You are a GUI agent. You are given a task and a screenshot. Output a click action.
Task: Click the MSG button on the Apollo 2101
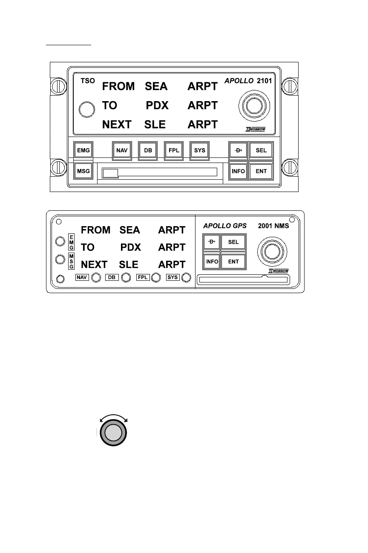coord(83,171)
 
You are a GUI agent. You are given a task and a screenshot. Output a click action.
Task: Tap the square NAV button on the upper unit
coord(122,151)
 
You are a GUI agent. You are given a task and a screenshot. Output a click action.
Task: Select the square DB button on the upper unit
coord(148,151)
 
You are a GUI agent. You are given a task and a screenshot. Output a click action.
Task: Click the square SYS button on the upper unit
coord(199,151)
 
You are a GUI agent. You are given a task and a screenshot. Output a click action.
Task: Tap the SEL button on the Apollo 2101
coord(261,151)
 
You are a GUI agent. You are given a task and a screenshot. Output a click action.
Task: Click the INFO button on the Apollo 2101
coord(238,171)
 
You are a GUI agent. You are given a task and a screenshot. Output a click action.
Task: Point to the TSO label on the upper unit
coord(87,80)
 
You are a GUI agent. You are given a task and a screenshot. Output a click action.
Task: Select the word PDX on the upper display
coord(158,105)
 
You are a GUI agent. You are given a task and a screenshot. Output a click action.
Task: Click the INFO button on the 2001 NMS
coord(212,261)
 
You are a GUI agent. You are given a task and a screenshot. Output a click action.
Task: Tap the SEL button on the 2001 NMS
coord(233,242)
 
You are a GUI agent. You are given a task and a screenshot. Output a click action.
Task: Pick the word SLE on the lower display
coord(129,265)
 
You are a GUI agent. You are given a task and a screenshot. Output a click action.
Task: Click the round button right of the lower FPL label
coord(156,278)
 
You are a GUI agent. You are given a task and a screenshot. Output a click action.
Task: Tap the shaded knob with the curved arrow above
coord(113,434)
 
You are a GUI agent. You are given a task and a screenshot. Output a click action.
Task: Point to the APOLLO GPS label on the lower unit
coord(224,226)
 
